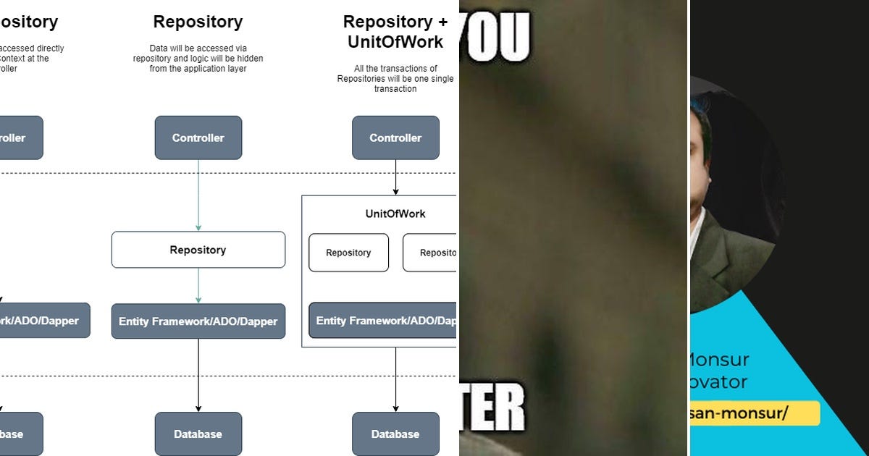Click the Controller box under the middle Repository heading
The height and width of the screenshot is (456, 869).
click(x=198, y=138)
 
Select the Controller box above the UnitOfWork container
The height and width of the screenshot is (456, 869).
click(x=395, y=138)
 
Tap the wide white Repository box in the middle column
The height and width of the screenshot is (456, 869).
click(x=198, y=250)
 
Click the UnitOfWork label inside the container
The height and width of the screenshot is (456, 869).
click(x=395, y=214)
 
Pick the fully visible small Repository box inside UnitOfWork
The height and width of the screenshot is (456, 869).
click(x=348, y=253)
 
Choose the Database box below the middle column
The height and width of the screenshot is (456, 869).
click(x=198, y=434)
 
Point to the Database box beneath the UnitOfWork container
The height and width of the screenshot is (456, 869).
click(x=395, y=434)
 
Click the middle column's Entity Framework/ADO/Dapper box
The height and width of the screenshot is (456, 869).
click(x=198, y=321)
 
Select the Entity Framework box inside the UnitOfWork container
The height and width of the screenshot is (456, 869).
click(x=384, y=321)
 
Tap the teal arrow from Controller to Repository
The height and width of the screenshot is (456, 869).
click(x=198, y=195)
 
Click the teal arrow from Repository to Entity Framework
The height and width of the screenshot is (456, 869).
click(x=198, y=285)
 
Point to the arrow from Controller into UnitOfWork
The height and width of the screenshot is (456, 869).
click(x=395, y=177)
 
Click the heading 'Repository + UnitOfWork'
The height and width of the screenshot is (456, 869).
click(x=395, y=32)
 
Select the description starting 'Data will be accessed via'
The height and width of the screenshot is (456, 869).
click(x=198, y=59)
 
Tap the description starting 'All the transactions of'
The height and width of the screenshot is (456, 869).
click(x=395, y=79)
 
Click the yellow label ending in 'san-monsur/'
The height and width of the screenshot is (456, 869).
click(x=753, y=413)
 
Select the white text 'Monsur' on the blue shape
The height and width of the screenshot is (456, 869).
click(x=717, y=360)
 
